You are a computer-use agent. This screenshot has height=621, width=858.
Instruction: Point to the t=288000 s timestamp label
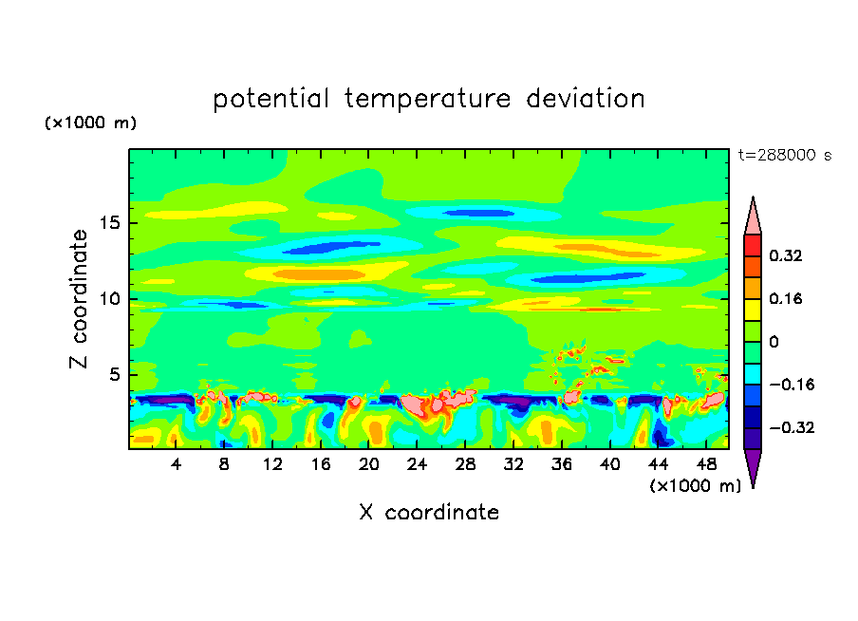tap(785, 155)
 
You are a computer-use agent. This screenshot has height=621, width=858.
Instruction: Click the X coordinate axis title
tap(429, 513)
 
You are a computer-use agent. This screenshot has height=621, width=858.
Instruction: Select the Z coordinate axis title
tap(80, 300)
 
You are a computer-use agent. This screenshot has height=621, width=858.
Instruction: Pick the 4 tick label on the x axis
tap(177, 464)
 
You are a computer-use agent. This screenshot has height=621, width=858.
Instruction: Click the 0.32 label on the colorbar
tap(785, 255)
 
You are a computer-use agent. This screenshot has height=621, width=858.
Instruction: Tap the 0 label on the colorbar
tap(774, 342)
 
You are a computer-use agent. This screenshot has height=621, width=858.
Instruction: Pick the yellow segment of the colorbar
tap(753, 309)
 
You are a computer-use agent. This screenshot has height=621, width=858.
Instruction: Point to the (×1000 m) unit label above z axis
tap(91, 123)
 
